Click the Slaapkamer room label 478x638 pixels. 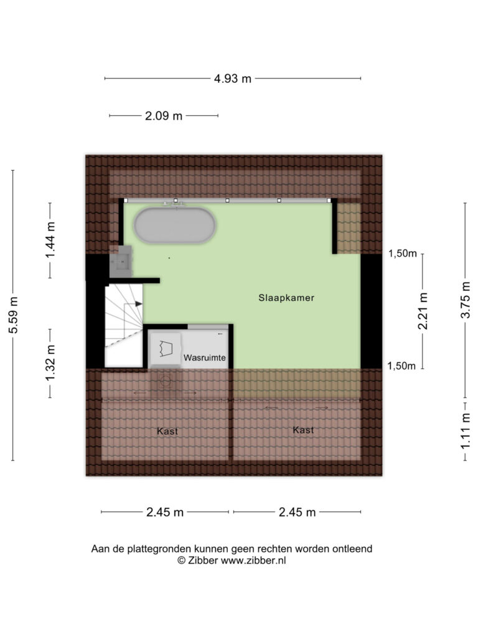point(286,298)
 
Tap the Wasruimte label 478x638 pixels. point(204,358)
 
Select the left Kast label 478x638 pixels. point(167,431)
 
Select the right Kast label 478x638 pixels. point(303,430)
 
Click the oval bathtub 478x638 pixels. point(175,226)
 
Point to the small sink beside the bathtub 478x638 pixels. point(121,262)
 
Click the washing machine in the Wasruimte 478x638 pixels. point(166,349)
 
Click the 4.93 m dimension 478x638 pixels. point(233,79)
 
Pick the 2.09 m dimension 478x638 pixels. point(164,116)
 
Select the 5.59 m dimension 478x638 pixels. point(14,315)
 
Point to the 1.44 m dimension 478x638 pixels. point(50,240)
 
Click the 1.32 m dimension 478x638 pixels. point(50,363)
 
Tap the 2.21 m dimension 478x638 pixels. point(423,311)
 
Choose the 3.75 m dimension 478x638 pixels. point(466,300)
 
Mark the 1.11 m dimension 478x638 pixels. point(466,431)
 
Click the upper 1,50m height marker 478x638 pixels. point(403,254)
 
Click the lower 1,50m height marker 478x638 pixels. point(401,366)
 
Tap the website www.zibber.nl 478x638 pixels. point(253,561)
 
